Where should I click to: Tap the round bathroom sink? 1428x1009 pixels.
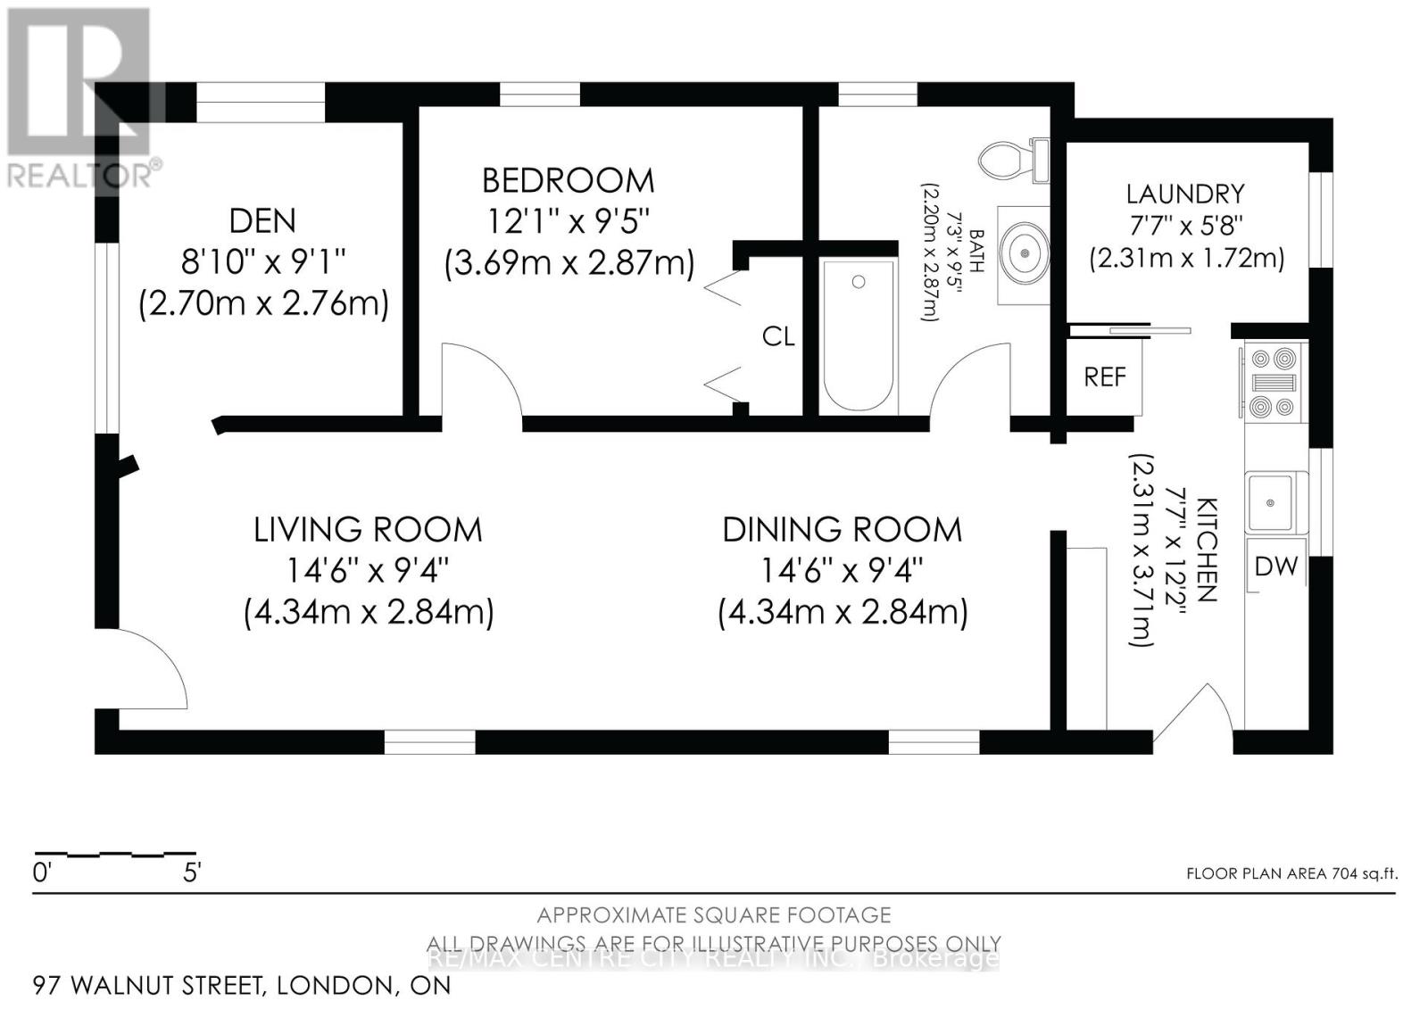click(1025, 253)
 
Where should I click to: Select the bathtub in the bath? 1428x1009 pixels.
click(858, 336)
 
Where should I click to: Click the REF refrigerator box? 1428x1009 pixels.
click(1104, 377)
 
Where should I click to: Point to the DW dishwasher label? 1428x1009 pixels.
click(1275, 566)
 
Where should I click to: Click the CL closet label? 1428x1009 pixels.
click(778, 336)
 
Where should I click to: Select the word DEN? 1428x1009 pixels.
click(262, 221)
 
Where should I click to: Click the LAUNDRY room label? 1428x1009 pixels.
click(1185, 194)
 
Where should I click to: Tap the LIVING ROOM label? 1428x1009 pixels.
click(368, 530)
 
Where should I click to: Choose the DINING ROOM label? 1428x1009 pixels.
click(843, 530)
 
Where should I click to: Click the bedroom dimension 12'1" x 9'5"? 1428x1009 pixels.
click(568, 221)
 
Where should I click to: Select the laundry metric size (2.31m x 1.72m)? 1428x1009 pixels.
click(1186, 260)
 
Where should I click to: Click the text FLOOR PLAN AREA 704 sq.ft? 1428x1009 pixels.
click(1292, 873)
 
